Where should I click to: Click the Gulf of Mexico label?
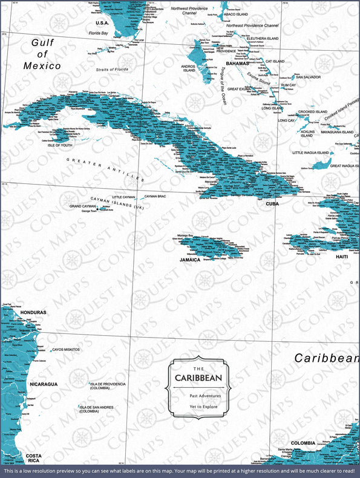click(43, 54)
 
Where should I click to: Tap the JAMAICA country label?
click(190, 259)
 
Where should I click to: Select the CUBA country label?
click(272, 204)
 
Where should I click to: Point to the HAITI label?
click(342, 257)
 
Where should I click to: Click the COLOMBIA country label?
click(303, 443)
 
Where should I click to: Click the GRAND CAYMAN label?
click(83, 206)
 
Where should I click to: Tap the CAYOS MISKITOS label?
click(66, 350)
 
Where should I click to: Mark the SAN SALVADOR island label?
click(307, 77)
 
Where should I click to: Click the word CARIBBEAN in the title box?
click(198, 378)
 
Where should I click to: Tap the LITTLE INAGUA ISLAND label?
click(310, 152)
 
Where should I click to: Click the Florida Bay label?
click(99, 33)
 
